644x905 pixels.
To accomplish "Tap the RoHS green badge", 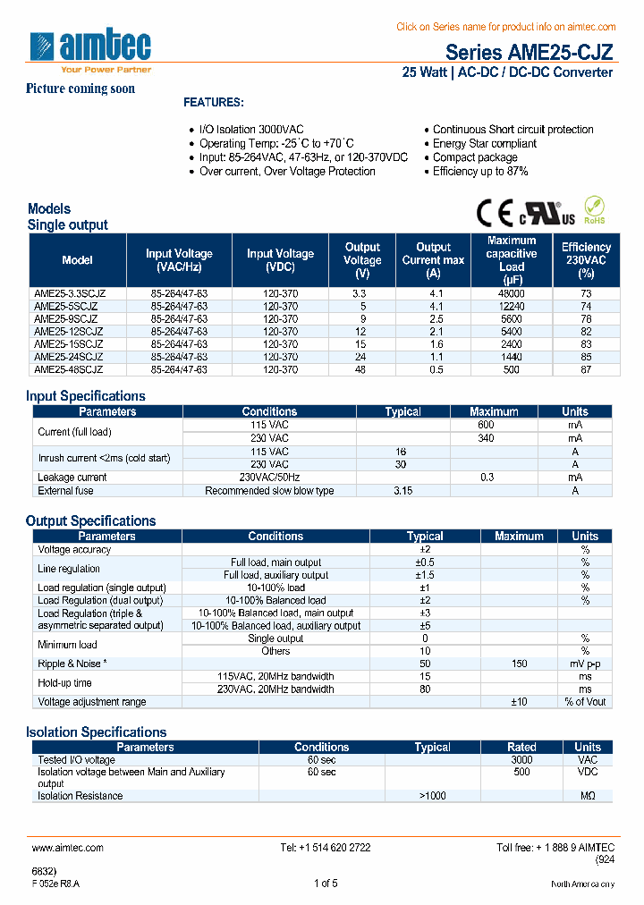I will [594, 211].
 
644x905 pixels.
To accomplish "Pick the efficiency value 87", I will [586, 368].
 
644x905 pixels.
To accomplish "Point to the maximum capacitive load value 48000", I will [512, 293].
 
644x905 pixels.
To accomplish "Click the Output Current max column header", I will [433, 260].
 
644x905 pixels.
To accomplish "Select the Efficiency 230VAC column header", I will [586, 260].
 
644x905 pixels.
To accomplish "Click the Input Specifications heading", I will [86, 396].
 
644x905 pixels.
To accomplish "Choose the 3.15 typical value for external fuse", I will [402, 490].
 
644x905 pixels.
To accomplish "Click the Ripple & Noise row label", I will [72, 664].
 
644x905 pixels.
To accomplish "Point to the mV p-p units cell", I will [585, 664].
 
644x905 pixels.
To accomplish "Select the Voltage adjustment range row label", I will [91, 702].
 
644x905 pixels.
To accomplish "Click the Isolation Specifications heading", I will [97, 732].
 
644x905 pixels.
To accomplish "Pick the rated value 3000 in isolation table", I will [521, 759].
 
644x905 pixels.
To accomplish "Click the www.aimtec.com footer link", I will [68, 847].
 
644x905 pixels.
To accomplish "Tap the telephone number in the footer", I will [325, 847].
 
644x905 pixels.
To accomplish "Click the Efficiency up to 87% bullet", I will [480, 172].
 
